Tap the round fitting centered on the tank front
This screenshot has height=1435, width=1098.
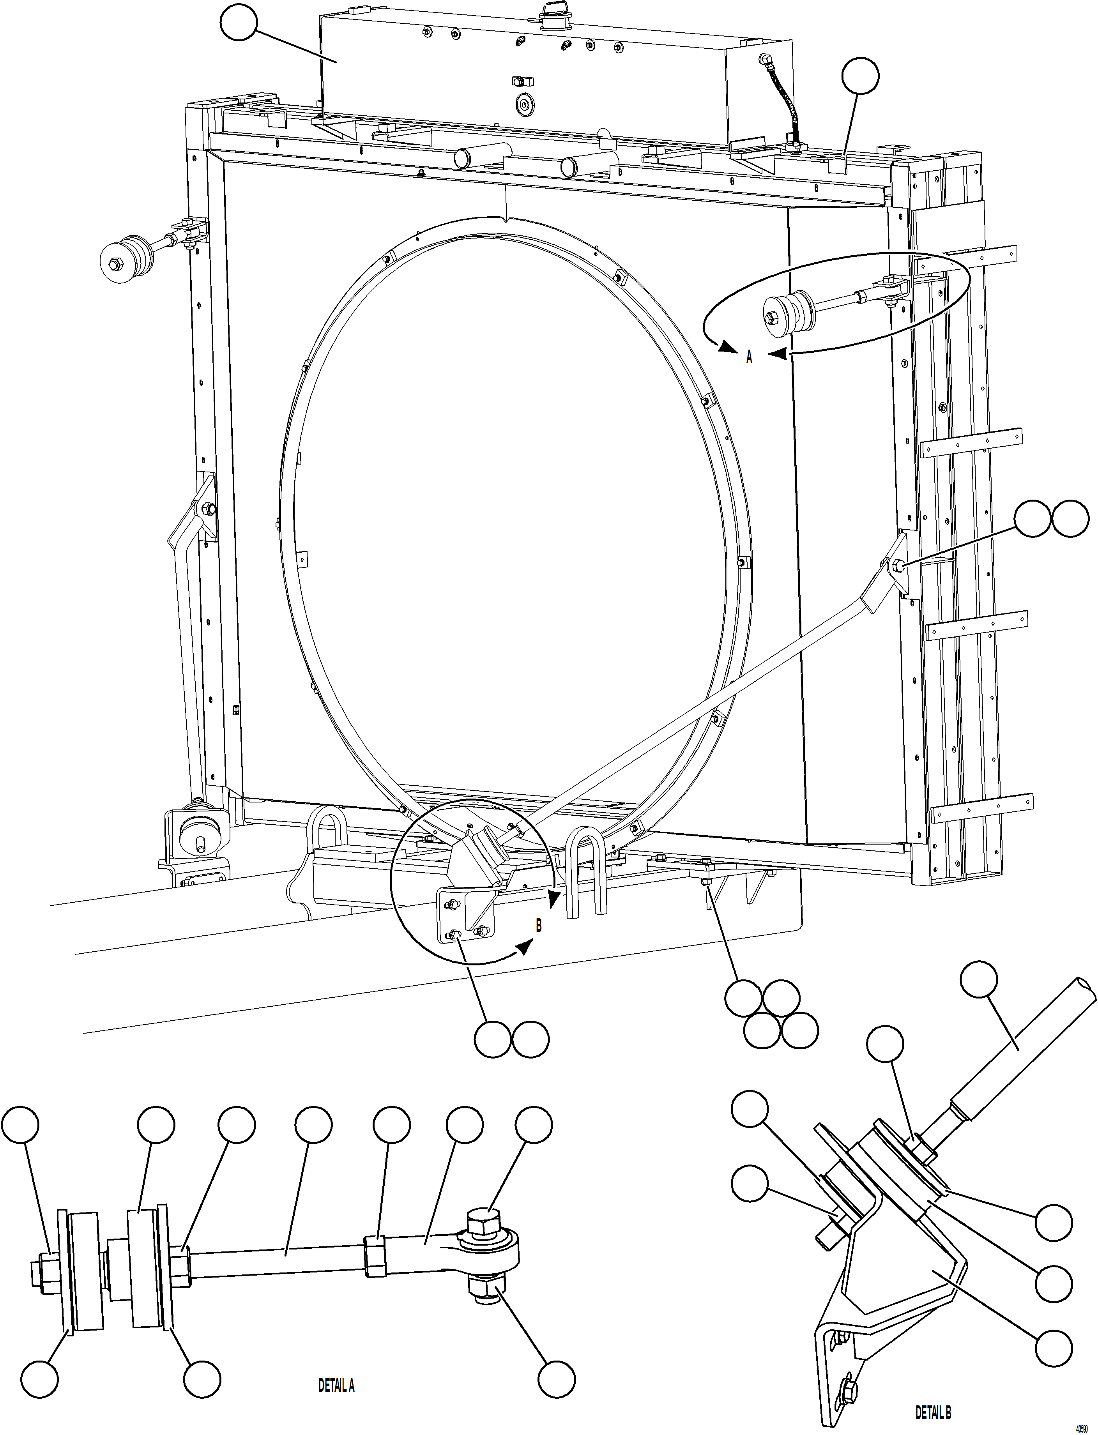click(x=523, y=104)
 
